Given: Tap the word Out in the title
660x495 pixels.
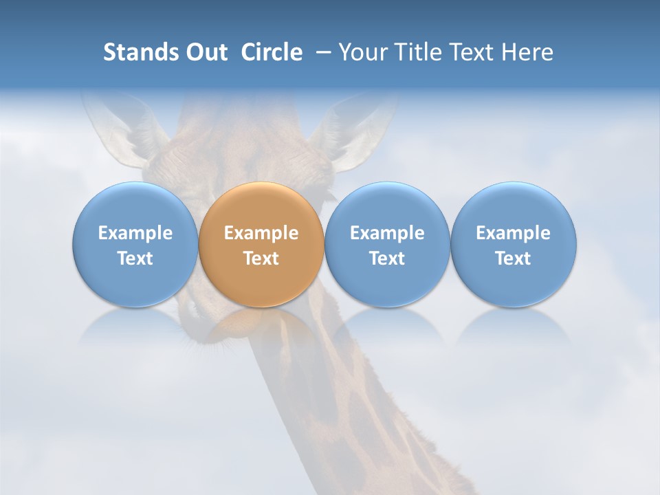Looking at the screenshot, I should [206, 52].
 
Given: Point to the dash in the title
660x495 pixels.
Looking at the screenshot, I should [322, 53].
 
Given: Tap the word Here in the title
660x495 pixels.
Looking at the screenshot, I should [528, 52].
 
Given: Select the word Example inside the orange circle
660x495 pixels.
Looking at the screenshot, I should [261, 233].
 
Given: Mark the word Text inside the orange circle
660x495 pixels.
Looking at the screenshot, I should [261, 258].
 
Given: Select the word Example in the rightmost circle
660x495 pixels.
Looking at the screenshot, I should [513, 233].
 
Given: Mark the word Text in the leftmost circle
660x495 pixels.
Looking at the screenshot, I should [135, 258].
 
